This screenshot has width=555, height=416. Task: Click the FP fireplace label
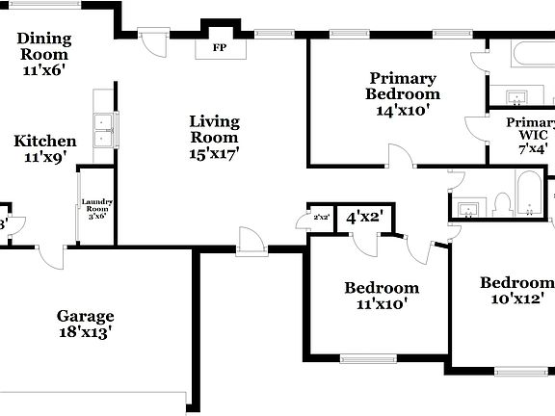click(219, 46)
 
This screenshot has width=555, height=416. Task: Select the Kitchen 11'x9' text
click(44, 149)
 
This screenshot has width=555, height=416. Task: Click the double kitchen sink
click(102, 130)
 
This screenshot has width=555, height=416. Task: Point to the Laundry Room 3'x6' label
click(97, 209)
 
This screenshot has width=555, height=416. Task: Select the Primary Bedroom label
click(403, 94)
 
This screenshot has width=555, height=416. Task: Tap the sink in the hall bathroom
click(469, 208)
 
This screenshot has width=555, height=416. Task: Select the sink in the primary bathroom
click(516, 96)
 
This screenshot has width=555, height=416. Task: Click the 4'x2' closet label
click(365, 218)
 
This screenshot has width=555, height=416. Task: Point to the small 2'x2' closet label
click(322, 218)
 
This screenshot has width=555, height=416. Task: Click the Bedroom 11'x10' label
click(382, 296)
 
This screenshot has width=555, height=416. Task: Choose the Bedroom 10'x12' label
click(517, 290)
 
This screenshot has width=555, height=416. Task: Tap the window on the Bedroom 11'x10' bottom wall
click(368, 359)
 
